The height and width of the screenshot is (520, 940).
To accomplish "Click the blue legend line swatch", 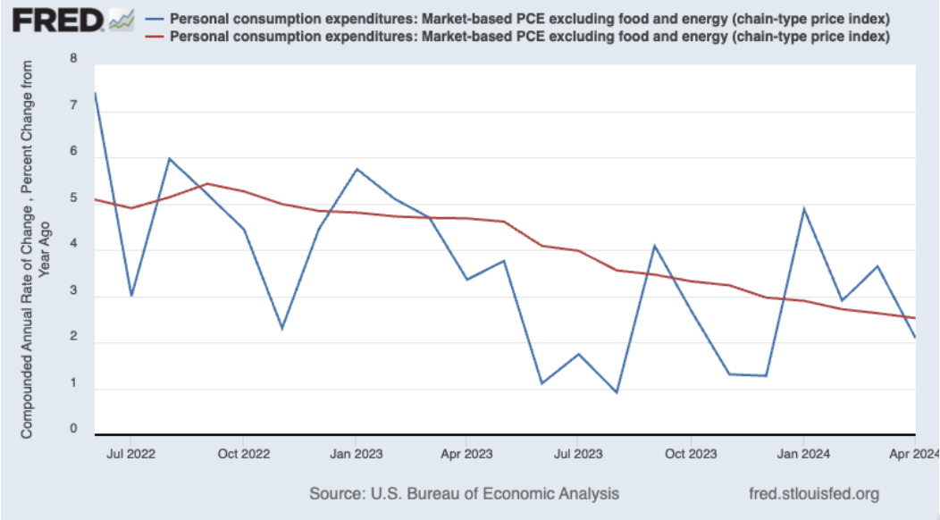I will tap(155, 19).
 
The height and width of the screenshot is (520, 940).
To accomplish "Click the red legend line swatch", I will tap(155, 37).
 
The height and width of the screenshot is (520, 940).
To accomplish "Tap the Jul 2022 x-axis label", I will tap(130, 454).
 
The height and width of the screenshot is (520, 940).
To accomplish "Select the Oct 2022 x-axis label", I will tap(243, 454).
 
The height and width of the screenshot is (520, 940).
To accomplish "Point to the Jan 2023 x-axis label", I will tap(356, 454).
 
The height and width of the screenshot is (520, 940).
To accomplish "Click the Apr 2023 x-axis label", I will tap(466, 454).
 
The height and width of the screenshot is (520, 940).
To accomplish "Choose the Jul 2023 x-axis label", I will tap(576, 454).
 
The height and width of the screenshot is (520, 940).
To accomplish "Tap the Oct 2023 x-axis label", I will tap(690, 454).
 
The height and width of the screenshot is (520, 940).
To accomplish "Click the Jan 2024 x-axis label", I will tap(802, 454).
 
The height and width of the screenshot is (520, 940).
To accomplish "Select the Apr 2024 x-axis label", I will tap(913, 454).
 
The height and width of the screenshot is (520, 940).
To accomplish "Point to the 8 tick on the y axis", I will tap(72, 61).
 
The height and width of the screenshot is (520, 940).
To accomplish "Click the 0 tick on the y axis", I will tap(72, 430).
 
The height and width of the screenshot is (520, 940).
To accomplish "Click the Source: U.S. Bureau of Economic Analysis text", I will tap(464, 493).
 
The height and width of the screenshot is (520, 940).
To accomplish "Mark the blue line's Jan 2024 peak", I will tap(803, 209).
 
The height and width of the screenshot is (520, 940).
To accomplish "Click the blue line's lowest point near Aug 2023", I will tap(617, 392).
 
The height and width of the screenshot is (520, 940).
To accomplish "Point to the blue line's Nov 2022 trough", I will tap(281, 329).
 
